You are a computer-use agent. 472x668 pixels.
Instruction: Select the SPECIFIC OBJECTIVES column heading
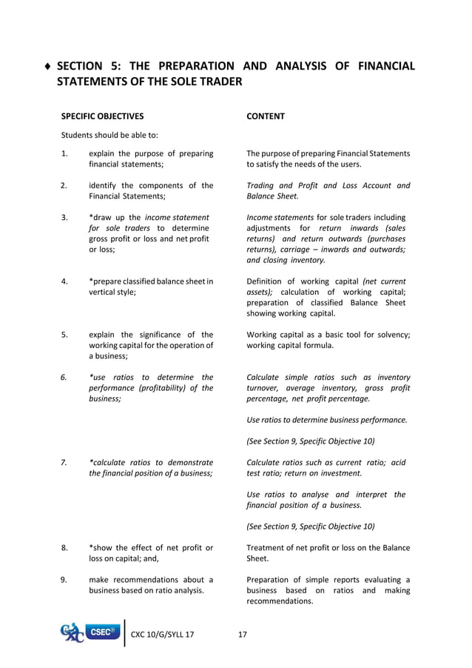(x=102, y=116)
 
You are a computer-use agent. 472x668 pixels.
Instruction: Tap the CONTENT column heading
(x=266, y=116)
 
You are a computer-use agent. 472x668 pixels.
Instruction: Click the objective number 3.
(x=65, y=218)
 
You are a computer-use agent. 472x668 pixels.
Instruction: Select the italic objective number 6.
(x=65, y=378)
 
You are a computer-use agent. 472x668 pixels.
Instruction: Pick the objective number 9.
(x=65, y=580)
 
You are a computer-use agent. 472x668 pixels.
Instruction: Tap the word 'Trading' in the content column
(x=260, y=186)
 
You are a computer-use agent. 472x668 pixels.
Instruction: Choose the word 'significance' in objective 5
(x=159, y=335)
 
